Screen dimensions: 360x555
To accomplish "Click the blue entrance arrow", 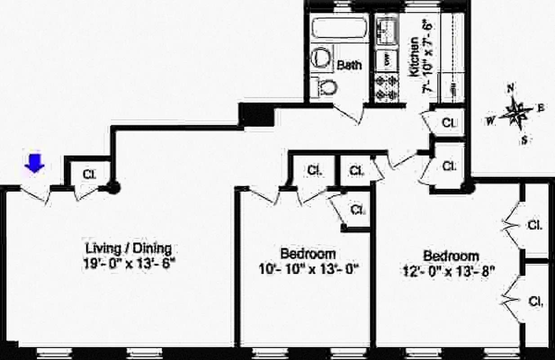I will pos(34,163).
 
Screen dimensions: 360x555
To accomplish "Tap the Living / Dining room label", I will pos(128,248).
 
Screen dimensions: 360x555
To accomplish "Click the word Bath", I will pos(349,65).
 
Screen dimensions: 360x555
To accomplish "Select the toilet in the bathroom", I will pos(326,86).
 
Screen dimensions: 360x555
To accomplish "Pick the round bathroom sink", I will pos(321,57).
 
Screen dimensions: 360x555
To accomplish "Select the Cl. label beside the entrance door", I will pos(89,174).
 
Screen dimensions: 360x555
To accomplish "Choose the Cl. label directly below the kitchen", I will pos(448,122).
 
